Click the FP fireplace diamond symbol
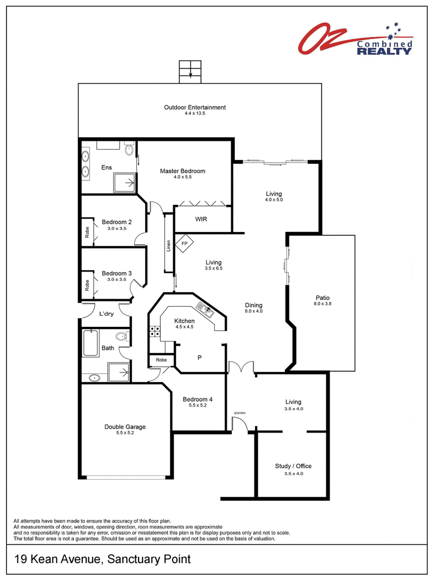click(x=185, y=243)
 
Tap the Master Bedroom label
click(x=182, y=171)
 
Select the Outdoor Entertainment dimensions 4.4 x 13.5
click(x=195, y=113)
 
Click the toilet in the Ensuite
click(x=129, y=149)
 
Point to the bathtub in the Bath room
click(x=91, y=343)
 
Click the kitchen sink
click(x=205, y=310)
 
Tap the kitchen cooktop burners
click(x=154, y=331)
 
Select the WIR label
click(x=201, y=219)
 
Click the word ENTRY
click(x=240, y=413)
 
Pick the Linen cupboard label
click(x=168, y=246)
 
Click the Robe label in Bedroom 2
click(x=87, y=232)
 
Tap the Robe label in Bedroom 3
click(x=87, y=285)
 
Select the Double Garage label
click(x=125, y=427)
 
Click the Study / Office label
click(x=293, y=466)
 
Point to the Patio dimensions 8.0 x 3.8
click(x=323, y=304)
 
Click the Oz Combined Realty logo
click(x=356, y=38)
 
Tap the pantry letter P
click(x=200, y=358)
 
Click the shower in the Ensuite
click(x=124, y=183)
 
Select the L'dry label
click(x=107, y=314)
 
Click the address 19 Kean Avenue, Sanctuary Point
click(x=102, y=559)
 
